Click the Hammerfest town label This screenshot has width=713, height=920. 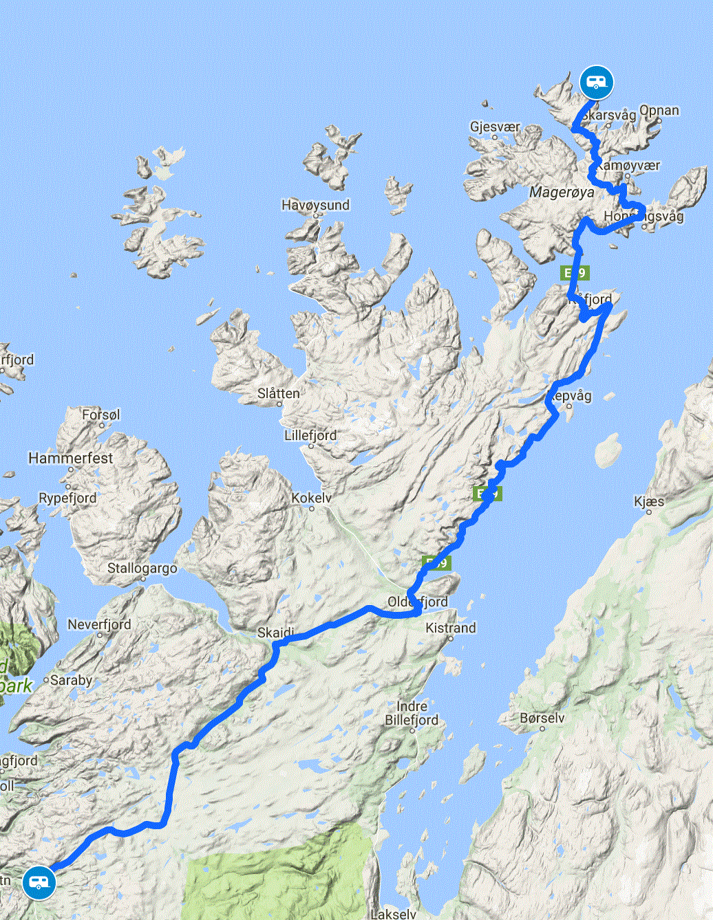point(70,458)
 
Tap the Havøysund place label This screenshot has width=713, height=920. point(315,205)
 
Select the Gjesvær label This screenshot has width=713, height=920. point(495,127)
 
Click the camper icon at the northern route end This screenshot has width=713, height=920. point(596,83)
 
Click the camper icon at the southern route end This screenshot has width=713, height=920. point(39,882)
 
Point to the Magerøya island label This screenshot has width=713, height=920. point(562,193)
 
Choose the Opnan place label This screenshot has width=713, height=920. point(659,111)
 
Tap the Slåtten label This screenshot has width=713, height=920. point(278,394)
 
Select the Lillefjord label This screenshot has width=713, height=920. point(310,435)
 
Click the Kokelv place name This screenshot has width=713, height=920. point(311,498)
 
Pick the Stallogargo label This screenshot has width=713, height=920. point(142,569)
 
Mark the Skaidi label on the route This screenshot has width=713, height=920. point(275,633)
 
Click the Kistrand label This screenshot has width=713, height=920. point(450,628)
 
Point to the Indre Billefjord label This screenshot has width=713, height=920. point(412,713)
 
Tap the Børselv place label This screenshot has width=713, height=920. point(542,718)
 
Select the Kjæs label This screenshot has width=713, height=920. point(649,501)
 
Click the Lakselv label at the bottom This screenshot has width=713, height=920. point(393,914)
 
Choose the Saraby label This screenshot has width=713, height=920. point(71,680)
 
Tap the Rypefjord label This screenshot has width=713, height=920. point(67,498)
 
